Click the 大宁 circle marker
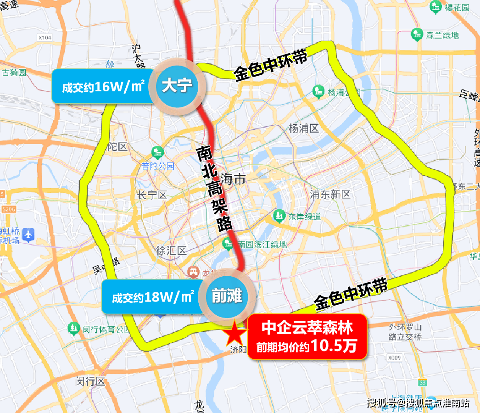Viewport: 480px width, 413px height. tap(177, 85)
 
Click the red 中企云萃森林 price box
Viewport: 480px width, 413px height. tap(307, 336)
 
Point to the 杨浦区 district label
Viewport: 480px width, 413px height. tap(304, 128)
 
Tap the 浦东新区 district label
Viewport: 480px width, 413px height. tap(330, 194)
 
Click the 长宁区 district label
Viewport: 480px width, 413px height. tap(151, 195)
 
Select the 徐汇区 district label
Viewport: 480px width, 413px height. tap(171, 251)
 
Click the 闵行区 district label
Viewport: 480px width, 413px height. tap(90, 381)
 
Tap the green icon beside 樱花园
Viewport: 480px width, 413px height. tap(435, 7)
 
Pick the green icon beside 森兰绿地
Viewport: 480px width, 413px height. tap(417, 34)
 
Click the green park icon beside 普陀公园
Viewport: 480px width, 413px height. tap(157, 152)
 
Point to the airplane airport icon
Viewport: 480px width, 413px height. tap(28, 234)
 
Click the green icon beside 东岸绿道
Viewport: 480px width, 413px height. tap(279, 215)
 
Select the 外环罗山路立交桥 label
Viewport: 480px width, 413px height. tap(405, 332)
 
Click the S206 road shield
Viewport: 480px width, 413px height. tap(8, 209)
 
